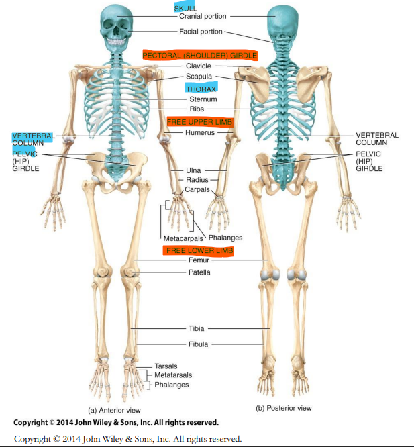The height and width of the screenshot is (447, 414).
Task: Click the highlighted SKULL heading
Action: pos(186,7)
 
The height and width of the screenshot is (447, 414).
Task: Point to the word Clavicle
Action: pos(198,66)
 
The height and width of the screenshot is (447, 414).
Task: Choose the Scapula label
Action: pos(199,77)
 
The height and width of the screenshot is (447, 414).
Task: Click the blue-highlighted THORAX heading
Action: pos(201,88)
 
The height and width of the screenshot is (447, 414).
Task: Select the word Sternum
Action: pos(203,99)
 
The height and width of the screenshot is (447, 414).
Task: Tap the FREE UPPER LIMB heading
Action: pos(199,121)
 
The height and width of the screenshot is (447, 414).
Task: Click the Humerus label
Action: pos(200,133)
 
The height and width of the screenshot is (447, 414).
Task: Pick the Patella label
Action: pos(199,272)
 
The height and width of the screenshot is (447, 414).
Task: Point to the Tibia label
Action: pos(197,329)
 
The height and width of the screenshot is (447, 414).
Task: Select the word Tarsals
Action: pos(166,366)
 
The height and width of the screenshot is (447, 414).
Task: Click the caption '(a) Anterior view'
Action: pos(115,410)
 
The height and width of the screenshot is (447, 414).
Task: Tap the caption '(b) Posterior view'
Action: pos(284,408)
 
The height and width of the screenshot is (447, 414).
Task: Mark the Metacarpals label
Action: pos(183,238)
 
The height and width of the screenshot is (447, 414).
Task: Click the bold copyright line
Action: pos(115,423)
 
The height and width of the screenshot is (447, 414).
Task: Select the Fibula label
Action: pos(198,344)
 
